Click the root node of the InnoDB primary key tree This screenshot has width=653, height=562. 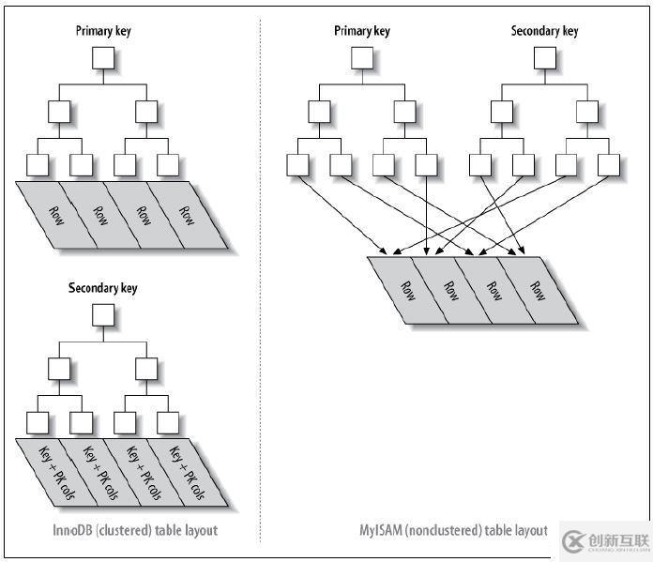click(103, 59)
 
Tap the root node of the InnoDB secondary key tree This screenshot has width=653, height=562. click(103, 316)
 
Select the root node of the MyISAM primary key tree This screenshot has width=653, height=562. click(361, 59)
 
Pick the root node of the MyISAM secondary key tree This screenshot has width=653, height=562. click(544, 59)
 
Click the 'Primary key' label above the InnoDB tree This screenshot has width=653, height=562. click(103, 31)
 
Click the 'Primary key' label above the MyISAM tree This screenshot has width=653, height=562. click(361, 31)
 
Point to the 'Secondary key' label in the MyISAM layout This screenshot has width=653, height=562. click(544, 31)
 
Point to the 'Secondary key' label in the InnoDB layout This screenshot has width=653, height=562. click(103, 288)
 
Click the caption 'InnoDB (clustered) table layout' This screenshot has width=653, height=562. click(135, 530)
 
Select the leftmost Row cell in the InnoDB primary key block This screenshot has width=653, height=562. click(57, 215)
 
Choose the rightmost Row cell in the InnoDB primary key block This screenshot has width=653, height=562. click(189, 215)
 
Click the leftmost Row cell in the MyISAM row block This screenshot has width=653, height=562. click(405, 290)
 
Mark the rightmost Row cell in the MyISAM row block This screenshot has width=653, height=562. click(537, 290)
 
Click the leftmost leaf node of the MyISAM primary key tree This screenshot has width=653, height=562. click(297, 164)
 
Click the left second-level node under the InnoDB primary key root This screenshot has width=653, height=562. click(59, 112)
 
